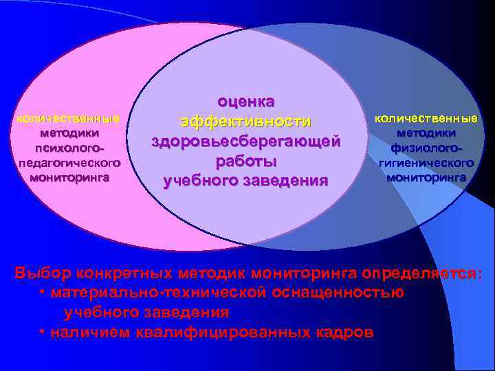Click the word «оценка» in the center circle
point(246,102)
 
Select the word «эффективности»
point(246,122)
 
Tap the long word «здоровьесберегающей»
point(246,142)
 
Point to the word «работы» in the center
point(246,161)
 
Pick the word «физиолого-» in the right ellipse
point(426,148)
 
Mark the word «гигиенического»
point(426,163)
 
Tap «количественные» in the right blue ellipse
point(426,118)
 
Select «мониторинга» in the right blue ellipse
point(426,177)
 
